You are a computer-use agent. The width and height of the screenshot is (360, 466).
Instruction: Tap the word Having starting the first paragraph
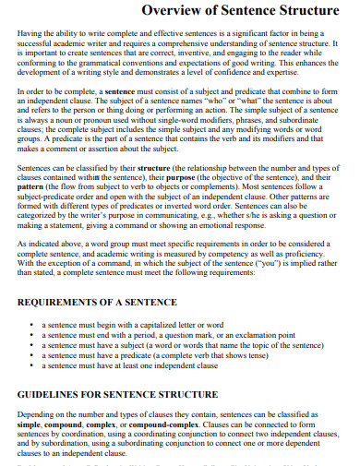[32, 33]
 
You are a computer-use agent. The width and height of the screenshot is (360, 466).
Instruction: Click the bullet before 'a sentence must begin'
[33, 326]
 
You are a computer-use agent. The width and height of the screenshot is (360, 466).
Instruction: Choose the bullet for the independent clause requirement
[33, 366]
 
